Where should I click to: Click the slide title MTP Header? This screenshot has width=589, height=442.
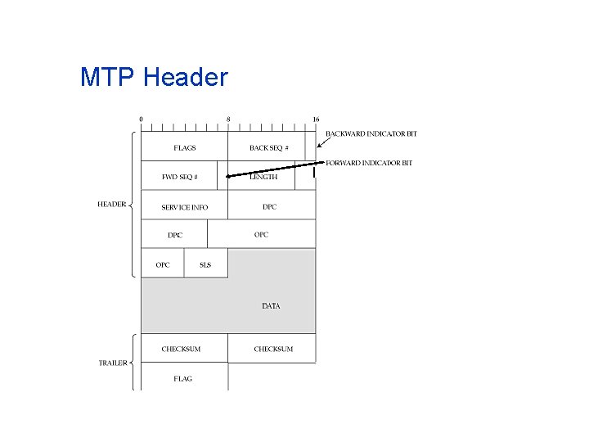click(x=154, y=78)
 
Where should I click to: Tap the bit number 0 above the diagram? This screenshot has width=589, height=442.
click(x=141, y=120)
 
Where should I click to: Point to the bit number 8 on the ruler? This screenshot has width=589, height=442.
click(x=228, y=120)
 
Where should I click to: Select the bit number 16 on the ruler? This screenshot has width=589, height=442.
click(x=316, y=120)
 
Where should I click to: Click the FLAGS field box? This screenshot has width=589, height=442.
click(x=184, y=148)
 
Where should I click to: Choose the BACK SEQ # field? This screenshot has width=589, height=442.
click(x=268, y=148)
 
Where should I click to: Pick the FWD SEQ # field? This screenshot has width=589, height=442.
click(x=179, y=177)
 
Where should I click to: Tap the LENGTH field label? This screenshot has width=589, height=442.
click(x=263, y=177)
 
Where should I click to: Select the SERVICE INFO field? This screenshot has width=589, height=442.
click(x=184, y=207)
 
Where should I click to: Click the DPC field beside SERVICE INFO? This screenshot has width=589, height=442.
click(x=270, y=207)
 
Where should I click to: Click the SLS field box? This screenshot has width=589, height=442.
click(x=205, y=265)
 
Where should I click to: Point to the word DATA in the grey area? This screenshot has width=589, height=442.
click(x=271, y=306)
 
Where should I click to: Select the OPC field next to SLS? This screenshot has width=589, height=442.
click(x=163, y=265)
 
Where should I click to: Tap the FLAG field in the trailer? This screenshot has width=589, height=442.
click(x=183, y=379)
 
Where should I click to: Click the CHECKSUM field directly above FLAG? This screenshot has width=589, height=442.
click(x=181, y=350)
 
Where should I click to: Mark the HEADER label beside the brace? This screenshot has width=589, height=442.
click(x=112, y=205)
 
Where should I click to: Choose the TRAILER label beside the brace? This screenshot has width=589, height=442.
click(x=113, y=363)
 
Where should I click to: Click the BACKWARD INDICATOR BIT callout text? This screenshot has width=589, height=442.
click(x=371, y=134)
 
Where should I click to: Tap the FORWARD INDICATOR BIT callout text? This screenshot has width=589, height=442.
click(x=369, y=163)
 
